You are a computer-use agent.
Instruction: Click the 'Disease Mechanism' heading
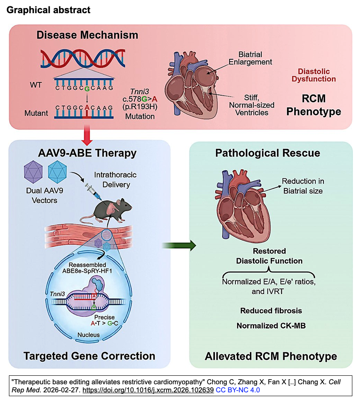click(x=87, y=35)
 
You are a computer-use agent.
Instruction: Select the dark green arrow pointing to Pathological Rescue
click(x=179, y=245)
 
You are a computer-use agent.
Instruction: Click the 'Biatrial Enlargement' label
click(x=250, y=58)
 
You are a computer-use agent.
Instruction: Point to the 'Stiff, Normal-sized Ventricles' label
click(x=252, y=105)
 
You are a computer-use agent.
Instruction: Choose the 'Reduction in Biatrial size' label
click(x=303, y=186)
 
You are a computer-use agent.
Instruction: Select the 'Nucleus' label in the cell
click(x=88, y=335)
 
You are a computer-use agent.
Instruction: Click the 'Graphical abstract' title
click(x=48, y=9)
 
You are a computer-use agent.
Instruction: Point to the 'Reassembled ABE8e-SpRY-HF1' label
click(x=87, y=269)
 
